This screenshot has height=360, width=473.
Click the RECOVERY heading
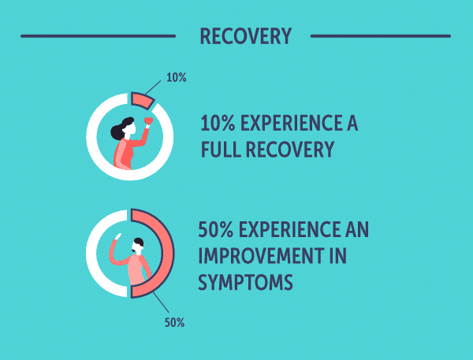pyautogui.click(x=245, y=36)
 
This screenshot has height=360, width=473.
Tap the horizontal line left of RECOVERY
pyautogui.click(x=98, y=35)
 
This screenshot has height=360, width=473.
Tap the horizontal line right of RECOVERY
pyautogui.click(x=380, y=35)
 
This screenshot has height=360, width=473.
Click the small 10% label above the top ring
pyautogui.click(x=177, y=78)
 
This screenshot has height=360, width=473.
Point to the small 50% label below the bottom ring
pyautogui.click(x=175, y=322)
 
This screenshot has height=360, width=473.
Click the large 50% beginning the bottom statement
pyautogui.click(x=214, y=231)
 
